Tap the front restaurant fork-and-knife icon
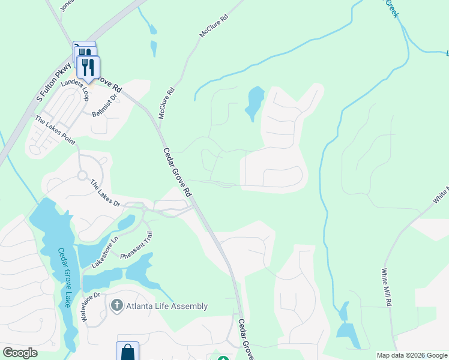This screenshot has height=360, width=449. point(89,67)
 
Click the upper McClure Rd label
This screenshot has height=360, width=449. point(214,28)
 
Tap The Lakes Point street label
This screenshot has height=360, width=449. point(55,130)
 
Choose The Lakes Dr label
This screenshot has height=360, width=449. point(105,193)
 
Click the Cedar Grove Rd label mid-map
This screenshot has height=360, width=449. point(176,173)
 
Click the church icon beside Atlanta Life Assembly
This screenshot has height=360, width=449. point(117,306)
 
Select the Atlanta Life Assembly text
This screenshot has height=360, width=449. point(167,306)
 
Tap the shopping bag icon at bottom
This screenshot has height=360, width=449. point(127,352)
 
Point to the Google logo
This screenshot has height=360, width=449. point(20,353)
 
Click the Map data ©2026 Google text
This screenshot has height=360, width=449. point(411,355)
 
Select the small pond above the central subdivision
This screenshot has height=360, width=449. point(255,101)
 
